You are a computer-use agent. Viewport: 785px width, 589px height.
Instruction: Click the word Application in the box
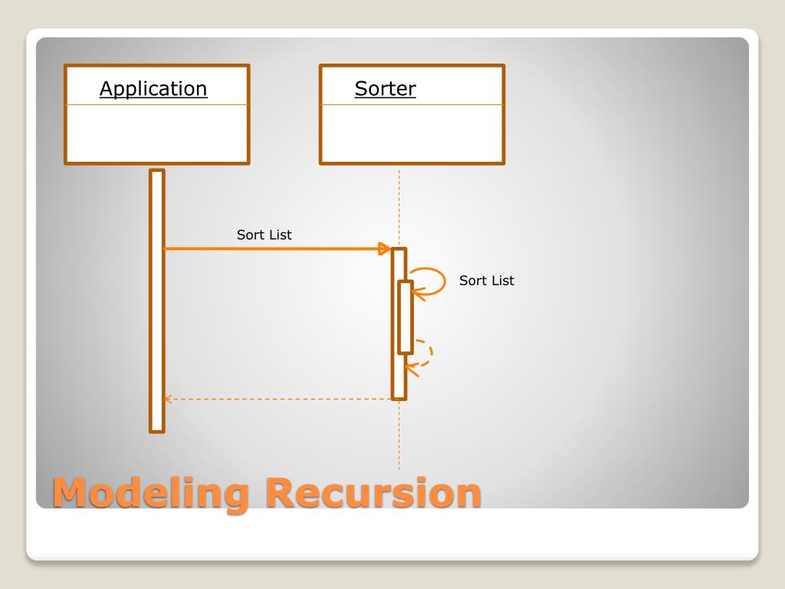click(153, 89)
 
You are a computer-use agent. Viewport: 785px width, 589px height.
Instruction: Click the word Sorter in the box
click(385, 89)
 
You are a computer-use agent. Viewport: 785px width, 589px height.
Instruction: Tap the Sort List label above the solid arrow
click(264, 235)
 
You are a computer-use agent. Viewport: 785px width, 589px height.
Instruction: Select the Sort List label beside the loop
click(487, 281)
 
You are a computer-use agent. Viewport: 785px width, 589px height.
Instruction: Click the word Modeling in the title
click(150, 492)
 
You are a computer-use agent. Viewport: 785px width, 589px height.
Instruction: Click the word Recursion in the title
click(373, 492)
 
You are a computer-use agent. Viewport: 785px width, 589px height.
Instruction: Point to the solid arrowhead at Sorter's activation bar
click(385, 248)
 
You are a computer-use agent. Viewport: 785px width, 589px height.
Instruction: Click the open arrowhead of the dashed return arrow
click(167, 399)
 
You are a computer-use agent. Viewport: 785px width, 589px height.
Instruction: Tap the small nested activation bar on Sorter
click(406, 317)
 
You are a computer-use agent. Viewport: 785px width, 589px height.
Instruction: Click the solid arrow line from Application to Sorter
click(268, 248)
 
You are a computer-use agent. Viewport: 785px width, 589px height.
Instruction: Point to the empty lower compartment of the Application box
click(157, 133)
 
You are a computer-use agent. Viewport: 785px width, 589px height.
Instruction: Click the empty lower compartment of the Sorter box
click(412, 133)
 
